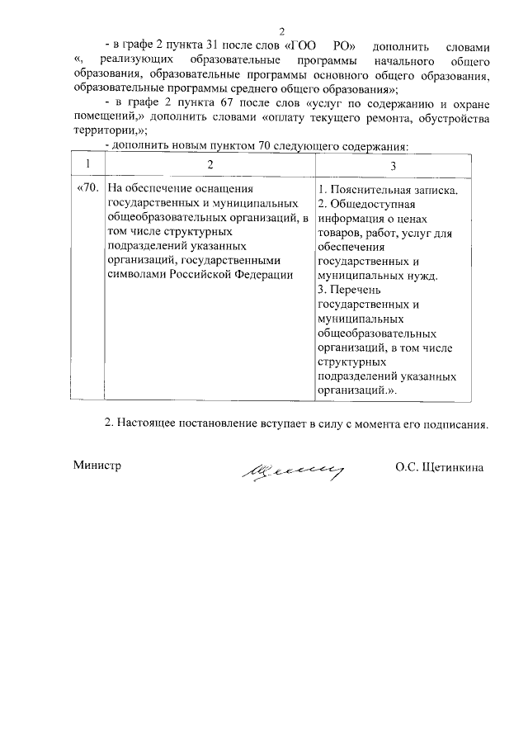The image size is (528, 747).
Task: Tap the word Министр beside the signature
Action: [x=97, y=466]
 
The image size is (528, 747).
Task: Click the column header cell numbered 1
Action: [x=86, y=165]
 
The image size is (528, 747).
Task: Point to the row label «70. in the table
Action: [x=87, y=189]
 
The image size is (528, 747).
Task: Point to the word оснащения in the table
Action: [x=218, y=189]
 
